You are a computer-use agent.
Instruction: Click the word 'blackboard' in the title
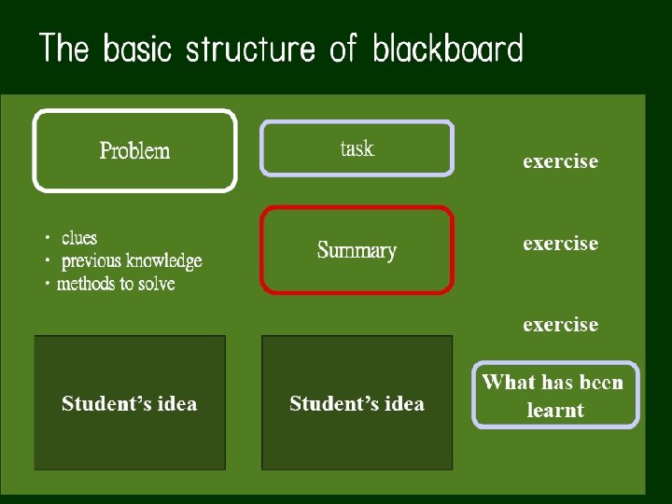(448, 49)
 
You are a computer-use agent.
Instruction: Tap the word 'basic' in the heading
(138, 49)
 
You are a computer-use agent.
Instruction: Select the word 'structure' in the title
(250, 49)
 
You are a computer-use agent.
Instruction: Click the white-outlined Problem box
(135, 150)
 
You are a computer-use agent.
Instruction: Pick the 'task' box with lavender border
(357, 148)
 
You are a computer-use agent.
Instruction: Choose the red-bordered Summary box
(357, 250)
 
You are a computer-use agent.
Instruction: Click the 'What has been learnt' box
(556, 395)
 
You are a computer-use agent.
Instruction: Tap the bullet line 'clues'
(79, 238)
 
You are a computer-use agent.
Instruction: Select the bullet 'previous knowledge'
(132, 260)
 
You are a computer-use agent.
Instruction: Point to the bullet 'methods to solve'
(116, 283)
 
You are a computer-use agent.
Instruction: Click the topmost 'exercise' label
(560, 161)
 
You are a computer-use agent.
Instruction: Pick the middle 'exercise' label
(560, 244)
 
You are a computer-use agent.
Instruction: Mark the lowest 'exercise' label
(560, 325)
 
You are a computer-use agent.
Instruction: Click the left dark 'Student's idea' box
(130, 403)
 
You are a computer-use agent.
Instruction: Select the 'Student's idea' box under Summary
(357, 403)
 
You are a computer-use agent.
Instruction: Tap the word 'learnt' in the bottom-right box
(555, 410)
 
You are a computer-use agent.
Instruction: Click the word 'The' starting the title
(63, 49)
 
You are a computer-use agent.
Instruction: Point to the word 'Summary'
(357, 250)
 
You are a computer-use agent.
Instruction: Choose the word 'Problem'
(135, 150)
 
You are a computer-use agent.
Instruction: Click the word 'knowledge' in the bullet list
(164, 260)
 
